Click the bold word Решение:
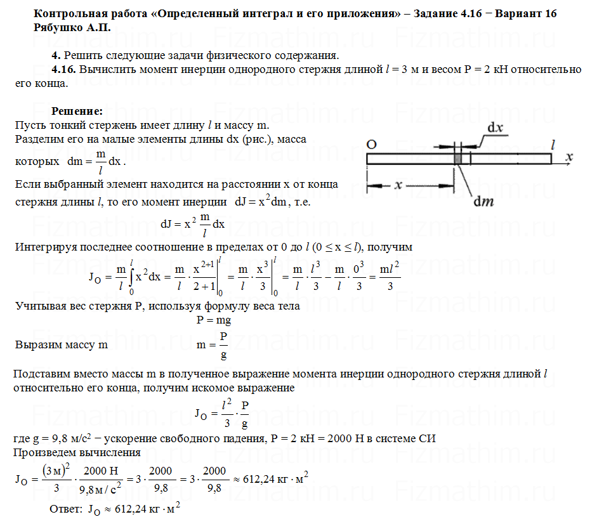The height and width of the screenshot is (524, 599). (76, 110)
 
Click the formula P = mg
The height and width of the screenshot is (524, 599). (214, 320)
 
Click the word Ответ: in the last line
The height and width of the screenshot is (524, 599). (66, 509)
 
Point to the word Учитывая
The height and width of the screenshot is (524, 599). (40, 306)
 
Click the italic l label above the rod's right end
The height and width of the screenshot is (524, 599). (553, 144)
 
